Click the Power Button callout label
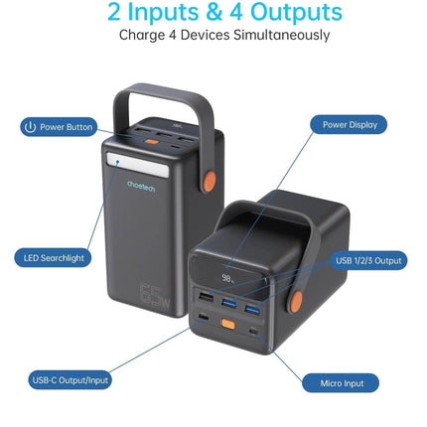click(x=59, y=127)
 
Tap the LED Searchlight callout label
click(x=53, y=258)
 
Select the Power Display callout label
click(x=349, y=125)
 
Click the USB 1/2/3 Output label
click(x=368, y=260)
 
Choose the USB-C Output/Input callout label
click(x=70, y=380)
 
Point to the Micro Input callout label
click(x=341, y=383)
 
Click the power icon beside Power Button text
click(x=30, y=127)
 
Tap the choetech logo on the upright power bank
click(x=141, y=186)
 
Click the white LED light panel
click(x=138, y=165)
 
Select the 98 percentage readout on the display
click(x=227, y=278)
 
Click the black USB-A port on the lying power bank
click(x=206, y=297)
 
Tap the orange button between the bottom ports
click(x=228, y=324)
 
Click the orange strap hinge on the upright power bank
click(x=210, y=182)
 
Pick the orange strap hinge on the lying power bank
click(x=296, y=302)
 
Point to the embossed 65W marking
click(x=156, y=297)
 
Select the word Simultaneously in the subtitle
click(x=281, y=35)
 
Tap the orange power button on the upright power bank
click(x=152, y=142)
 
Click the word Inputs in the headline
click(x=163, y=12)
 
